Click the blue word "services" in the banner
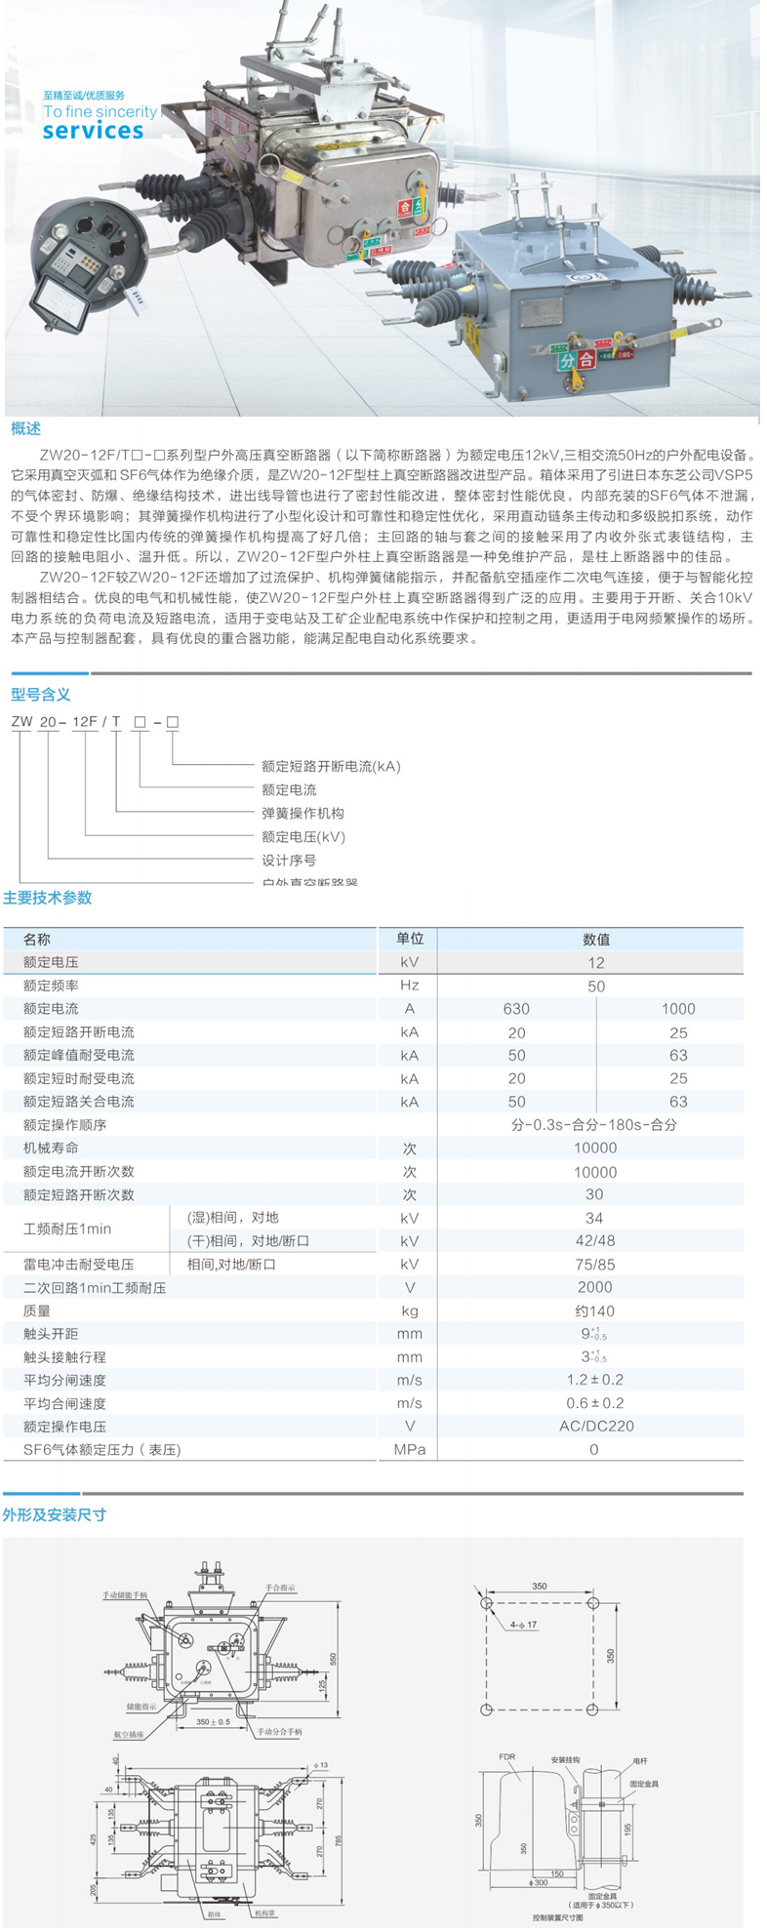tap(93, 130)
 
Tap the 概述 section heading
tap(26, 429)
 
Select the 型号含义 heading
tap(41, 694)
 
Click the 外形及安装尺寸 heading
tap(55, 1514)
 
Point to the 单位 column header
tap(410, 939)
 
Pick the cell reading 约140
tap(594, 1310)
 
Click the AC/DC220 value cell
tap(594, 1426)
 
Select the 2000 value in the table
tap(594, 1287)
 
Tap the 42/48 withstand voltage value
tap(594, 1241)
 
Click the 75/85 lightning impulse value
tap(594, 1264)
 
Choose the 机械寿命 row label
tap(51, 1147)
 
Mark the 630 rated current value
tap(516, 1009)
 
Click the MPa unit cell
tap(410, 1449)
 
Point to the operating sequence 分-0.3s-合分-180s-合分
tap(594, 1124)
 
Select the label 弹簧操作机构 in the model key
tap(303, 813)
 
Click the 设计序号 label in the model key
tap(289, 860)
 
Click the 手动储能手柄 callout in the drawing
tap(125, 1595)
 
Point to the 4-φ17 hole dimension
tap(523, 1625)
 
